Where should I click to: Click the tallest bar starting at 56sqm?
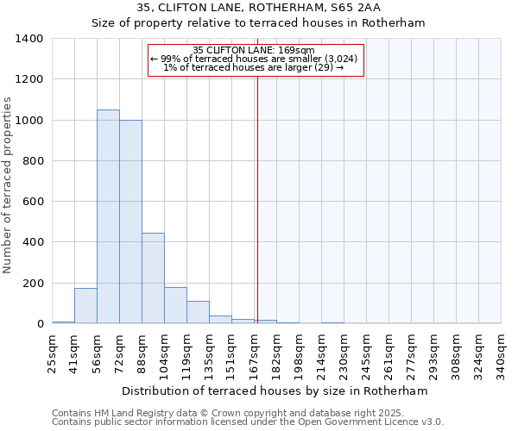point(108,216)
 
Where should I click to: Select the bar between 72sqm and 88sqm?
point(130,222)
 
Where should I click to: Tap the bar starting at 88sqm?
point(153,278)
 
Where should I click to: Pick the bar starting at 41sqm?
point(85,306)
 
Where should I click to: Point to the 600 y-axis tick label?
point(32,202)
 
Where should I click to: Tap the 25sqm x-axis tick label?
point(54,353)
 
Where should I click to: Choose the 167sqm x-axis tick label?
point(256,353)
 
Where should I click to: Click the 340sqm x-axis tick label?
point(502,353)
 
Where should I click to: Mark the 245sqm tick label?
point(368,353)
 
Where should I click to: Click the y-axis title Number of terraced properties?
point(9,185)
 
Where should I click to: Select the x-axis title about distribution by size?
point(275,390)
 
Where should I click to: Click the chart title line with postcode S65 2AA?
point(258,7)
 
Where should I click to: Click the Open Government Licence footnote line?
point(248,422)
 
